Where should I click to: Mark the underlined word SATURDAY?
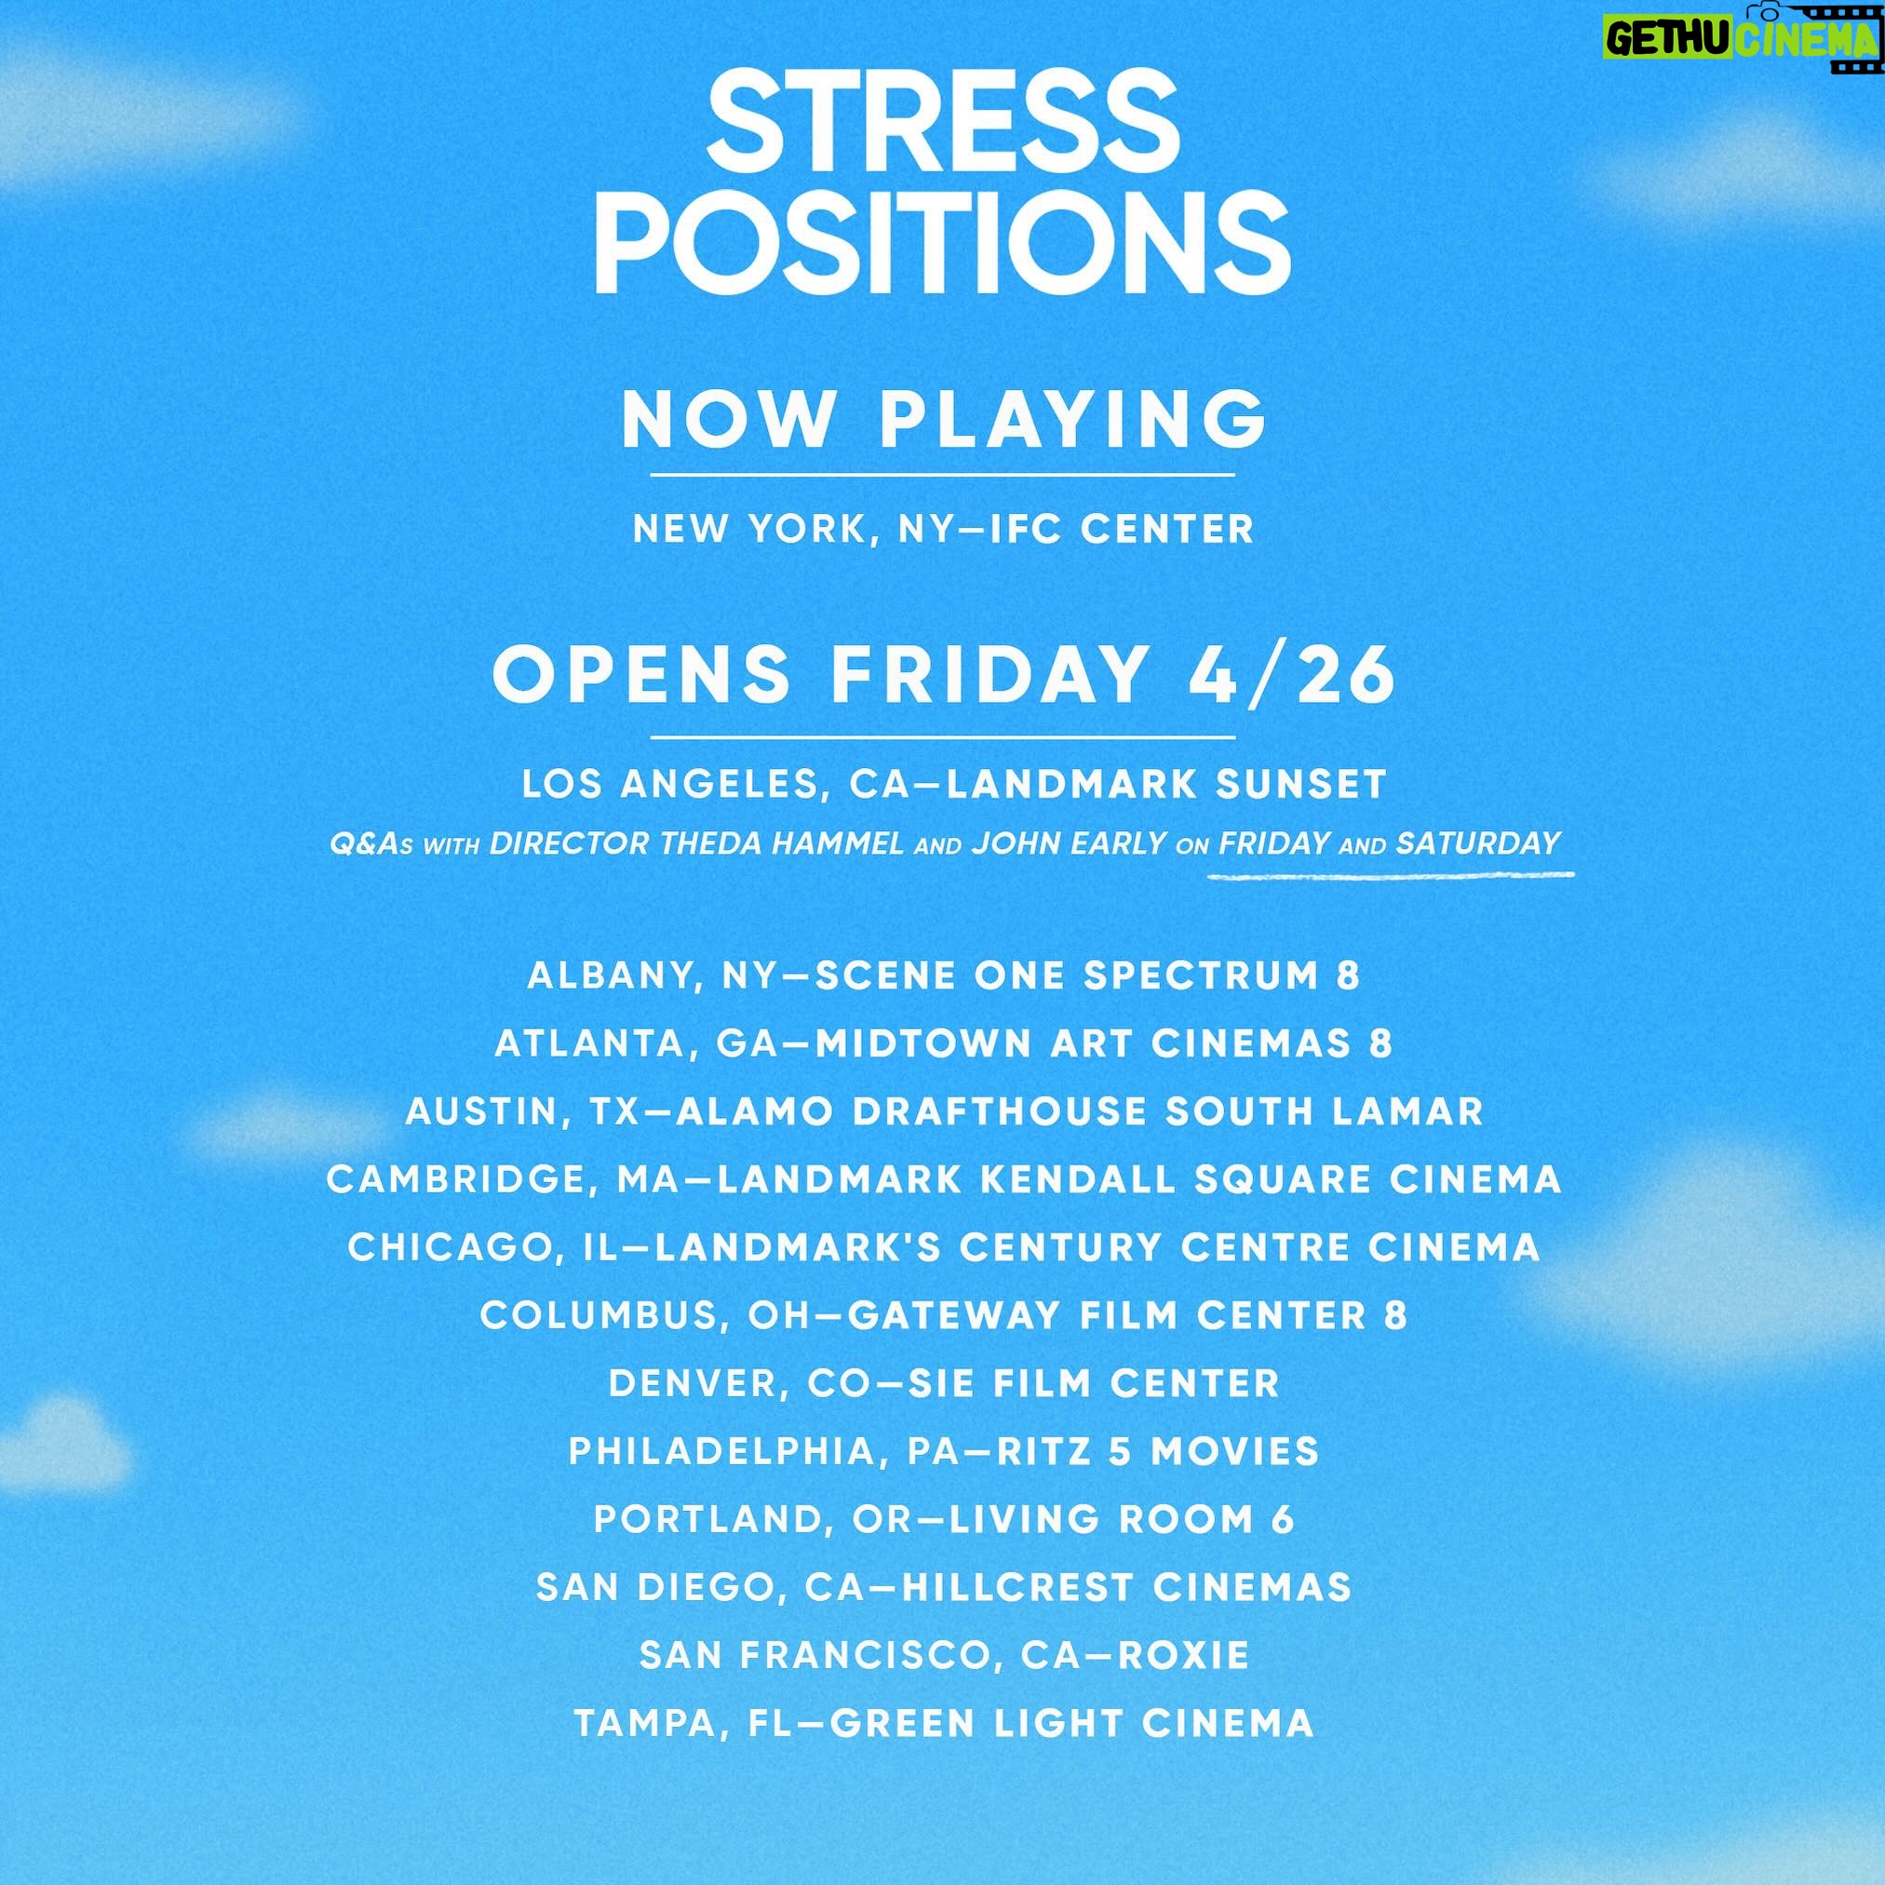tap(1479, 843)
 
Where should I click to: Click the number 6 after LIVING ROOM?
tap(1282, 1520)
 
